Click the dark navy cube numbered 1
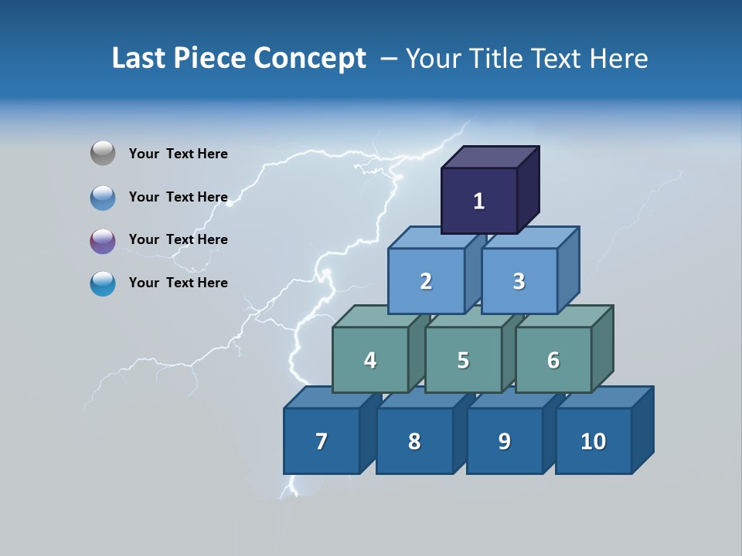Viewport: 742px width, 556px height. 478,201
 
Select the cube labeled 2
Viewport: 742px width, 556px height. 426,281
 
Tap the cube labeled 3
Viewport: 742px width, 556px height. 519,281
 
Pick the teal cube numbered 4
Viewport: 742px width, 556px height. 370,360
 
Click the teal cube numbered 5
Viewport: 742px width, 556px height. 463,360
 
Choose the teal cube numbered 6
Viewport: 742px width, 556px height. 553,360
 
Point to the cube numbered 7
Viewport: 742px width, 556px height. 322,441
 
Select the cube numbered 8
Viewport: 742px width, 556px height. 414,441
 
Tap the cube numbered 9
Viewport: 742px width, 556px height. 504,441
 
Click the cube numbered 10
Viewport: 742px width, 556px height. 593,441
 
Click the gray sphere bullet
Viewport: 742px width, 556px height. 103,154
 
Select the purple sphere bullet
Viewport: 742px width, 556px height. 103,241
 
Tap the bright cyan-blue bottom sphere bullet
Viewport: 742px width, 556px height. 103,283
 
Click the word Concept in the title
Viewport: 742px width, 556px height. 309,59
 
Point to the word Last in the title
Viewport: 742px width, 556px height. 141,59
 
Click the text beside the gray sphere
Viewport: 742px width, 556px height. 178,154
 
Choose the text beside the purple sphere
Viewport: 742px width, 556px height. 178,239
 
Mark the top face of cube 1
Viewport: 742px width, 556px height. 490,158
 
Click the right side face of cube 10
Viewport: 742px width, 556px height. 642,429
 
